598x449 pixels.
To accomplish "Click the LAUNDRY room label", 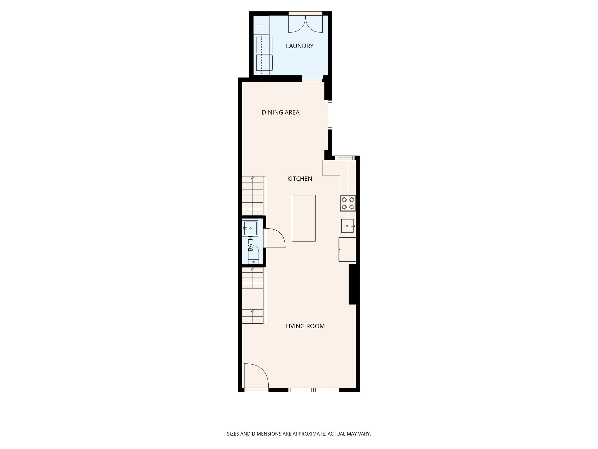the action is coord(300,46).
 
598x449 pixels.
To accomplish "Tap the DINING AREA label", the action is coord(281,112).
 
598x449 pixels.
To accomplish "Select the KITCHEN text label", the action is coord(300,179).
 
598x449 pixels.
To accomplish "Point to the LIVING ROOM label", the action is coord(305,326).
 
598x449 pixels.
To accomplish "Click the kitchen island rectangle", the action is coord(304,218).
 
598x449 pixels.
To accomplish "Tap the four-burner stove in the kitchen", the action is coord(348,203).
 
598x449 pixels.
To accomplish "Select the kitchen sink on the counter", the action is coord(347,226).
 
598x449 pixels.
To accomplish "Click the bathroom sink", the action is coord(250,228).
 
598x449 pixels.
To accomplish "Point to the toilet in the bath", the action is coord(253,255).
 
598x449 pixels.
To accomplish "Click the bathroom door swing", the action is coord(274,238).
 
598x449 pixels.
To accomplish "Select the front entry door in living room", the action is coord(256,376).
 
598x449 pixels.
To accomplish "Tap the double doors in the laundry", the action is coord(305,24).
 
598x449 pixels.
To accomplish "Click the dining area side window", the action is coord(330,115).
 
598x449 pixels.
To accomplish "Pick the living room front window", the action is coord(314,390).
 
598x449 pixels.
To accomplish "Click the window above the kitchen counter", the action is coord(345,158).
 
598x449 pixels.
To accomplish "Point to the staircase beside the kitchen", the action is coord(254,196).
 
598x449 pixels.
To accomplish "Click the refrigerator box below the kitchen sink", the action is coord(347,249).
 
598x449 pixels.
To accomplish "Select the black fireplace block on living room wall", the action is coord(352,284).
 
